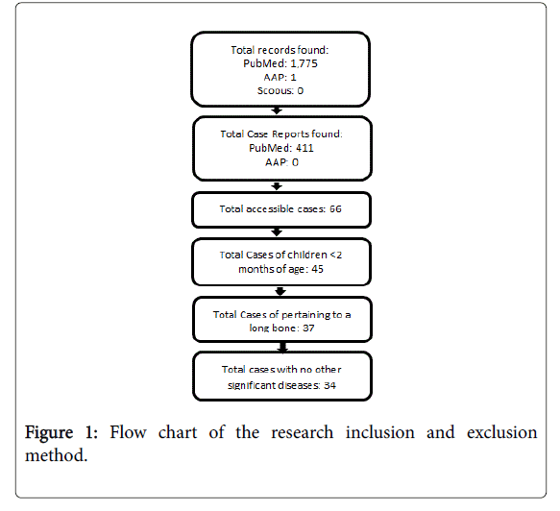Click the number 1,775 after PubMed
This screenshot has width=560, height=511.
pos(304,63)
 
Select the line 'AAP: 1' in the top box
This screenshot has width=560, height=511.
pos(280,77)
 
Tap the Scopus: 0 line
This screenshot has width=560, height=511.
pos(280,90)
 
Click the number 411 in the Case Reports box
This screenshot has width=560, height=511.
pos(304,148)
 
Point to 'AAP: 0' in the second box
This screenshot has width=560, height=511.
pos(281,162)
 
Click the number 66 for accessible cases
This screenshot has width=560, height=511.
pos(335,208)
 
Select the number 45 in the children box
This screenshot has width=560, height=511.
pos(317,269)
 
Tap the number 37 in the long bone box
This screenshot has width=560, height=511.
pos(308,328)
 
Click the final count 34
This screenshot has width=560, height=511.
pos(329,385)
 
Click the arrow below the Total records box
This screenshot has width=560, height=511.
pos(277,110)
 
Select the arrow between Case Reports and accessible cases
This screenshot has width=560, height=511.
pos(277,186)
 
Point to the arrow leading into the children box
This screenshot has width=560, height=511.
pos(277,232)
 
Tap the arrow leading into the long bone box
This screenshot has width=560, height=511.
pos(280,291)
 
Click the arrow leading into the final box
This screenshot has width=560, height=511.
pos(282,348)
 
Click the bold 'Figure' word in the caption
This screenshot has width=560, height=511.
pos(49,433)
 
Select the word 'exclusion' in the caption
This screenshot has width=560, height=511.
pos(501,432)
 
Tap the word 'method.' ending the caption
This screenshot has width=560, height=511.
pos(56,455)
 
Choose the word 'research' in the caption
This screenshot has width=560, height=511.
pos(303,432)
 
